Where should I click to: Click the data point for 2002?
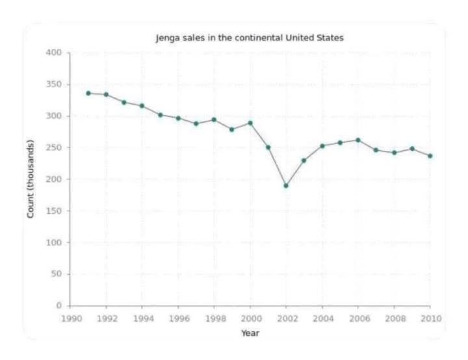pyautogui.click(x=286, y=186)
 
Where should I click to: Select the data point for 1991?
pyautogui.click(x=88, y=93)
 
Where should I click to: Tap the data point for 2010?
pyautogui.click(x=430, y=156)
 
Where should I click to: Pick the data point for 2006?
pyautogui.click(x=358, y=140)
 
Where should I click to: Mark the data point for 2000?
pyautogui.click(x=250, y=123)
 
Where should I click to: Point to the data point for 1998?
pyautogui.click(x=214, y=120)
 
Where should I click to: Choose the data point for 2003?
pyautogui.click(x=304, y=161)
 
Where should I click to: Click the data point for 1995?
pyautogui.click(x=161, y=115)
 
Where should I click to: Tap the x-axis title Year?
pyautogui.click(x=250, y=333)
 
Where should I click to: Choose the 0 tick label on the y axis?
pyautogui.click(x=58, y=305)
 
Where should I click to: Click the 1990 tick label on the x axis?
pyautogui.click(x=70, y=318)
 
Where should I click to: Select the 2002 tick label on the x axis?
pyautogui.click(x=286, y=318)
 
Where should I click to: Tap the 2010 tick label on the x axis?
pyautogui.click(x=430, y=318)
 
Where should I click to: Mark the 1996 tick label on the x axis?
pyautogui.click(x=178, y=318)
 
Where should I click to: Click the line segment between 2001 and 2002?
pyautogui.click(x=277, y=167)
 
